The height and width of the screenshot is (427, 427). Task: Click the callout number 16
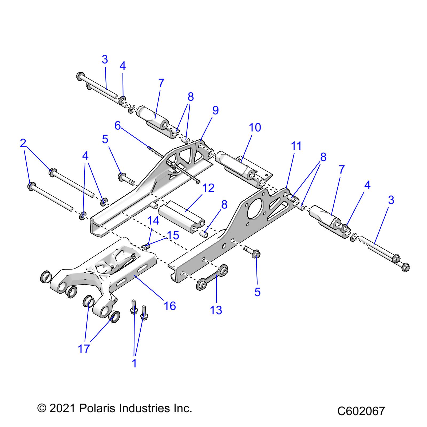point(170,306)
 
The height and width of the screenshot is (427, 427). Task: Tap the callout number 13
point(216,310)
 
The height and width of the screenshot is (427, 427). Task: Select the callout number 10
point(255,128)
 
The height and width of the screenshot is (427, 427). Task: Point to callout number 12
point(208,188)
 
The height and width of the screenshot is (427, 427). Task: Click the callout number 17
point(84,349)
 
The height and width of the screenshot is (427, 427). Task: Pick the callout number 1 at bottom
point(135,363)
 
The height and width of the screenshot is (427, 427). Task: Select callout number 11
point(296,146)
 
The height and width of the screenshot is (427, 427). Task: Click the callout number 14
point(153,221)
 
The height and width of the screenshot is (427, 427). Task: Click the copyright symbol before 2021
point(41,409)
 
